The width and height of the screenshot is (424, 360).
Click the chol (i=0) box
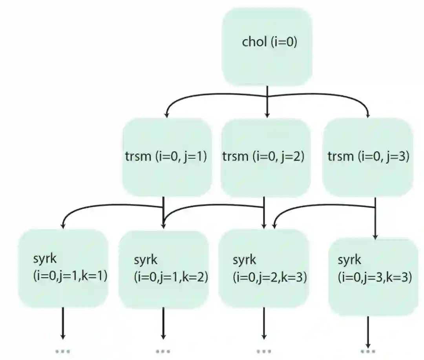coord(267,46)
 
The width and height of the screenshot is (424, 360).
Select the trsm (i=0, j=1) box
coord(167,157)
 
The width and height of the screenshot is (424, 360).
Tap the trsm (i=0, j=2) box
coord(266,157)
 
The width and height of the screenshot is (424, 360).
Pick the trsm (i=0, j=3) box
coord(368,157)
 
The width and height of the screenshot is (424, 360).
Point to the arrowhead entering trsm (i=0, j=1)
coord(166,115)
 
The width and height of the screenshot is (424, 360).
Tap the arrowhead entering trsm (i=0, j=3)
coord(368,115)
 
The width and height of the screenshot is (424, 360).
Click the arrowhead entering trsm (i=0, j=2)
coord(267,115)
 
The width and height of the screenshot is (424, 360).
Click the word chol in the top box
coord(254,42)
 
